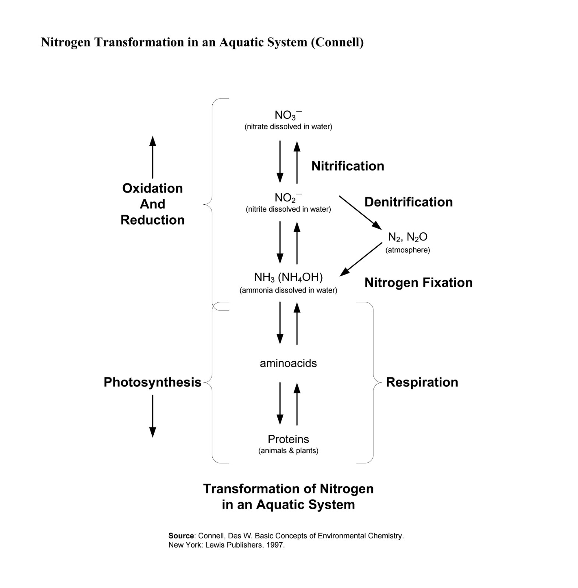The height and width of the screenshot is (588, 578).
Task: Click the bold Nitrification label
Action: coord(347,166)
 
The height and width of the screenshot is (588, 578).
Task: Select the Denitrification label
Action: coord(408,202)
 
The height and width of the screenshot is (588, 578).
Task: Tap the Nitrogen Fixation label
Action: coord(418,283)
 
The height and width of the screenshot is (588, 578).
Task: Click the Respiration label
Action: coord(422,382)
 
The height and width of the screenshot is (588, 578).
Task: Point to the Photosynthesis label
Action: coord(152,382)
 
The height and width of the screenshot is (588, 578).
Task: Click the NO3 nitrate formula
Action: coord(288,115)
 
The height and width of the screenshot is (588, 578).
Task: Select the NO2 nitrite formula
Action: coord(288,198)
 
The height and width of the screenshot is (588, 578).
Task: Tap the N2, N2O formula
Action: coord(407,237)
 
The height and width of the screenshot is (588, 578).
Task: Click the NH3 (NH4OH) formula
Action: coord(288,277)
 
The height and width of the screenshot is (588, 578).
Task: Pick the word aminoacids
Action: coord(288,363)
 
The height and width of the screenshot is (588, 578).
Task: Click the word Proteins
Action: coord(288,439)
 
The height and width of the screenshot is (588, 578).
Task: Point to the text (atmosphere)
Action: coord(407,250)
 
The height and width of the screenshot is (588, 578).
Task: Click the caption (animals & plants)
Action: coord(288,451)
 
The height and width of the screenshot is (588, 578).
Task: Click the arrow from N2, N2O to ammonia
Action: coord(361,259)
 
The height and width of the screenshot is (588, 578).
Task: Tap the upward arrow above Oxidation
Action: coord(153,157)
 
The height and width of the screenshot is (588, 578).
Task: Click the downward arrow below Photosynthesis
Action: coord(153,416)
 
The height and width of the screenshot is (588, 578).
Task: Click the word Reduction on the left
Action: coord(152,220)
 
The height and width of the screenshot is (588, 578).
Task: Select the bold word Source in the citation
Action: coord(181,536)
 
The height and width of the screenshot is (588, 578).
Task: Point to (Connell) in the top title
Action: coord(337,42)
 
